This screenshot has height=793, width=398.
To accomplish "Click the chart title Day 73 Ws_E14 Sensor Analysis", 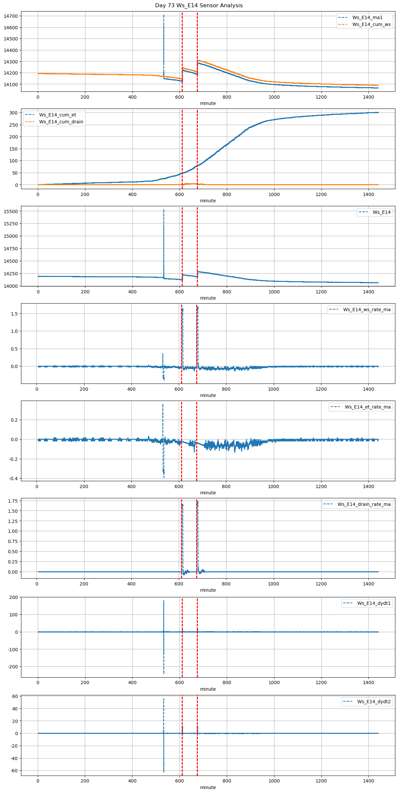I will click(x=199, y=5).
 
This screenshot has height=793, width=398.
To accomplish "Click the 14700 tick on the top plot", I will click(x=11, y=16).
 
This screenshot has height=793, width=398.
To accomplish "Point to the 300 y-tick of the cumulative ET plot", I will click(x=14, y=113).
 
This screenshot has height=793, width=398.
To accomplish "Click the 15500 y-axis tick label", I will click(x=11, y=211).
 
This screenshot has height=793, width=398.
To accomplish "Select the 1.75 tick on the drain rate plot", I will click(x=12, y=501).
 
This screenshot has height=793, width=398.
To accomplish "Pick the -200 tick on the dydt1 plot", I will click(x=12, y=667).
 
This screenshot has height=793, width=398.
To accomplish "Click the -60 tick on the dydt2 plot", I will click(x=14, y=771).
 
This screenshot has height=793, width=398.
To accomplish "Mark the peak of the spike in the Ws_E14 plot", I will click(x=164, y=210).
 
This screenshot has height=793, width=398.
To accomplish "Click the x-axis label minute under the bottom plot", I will click(x=208, y=787).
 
